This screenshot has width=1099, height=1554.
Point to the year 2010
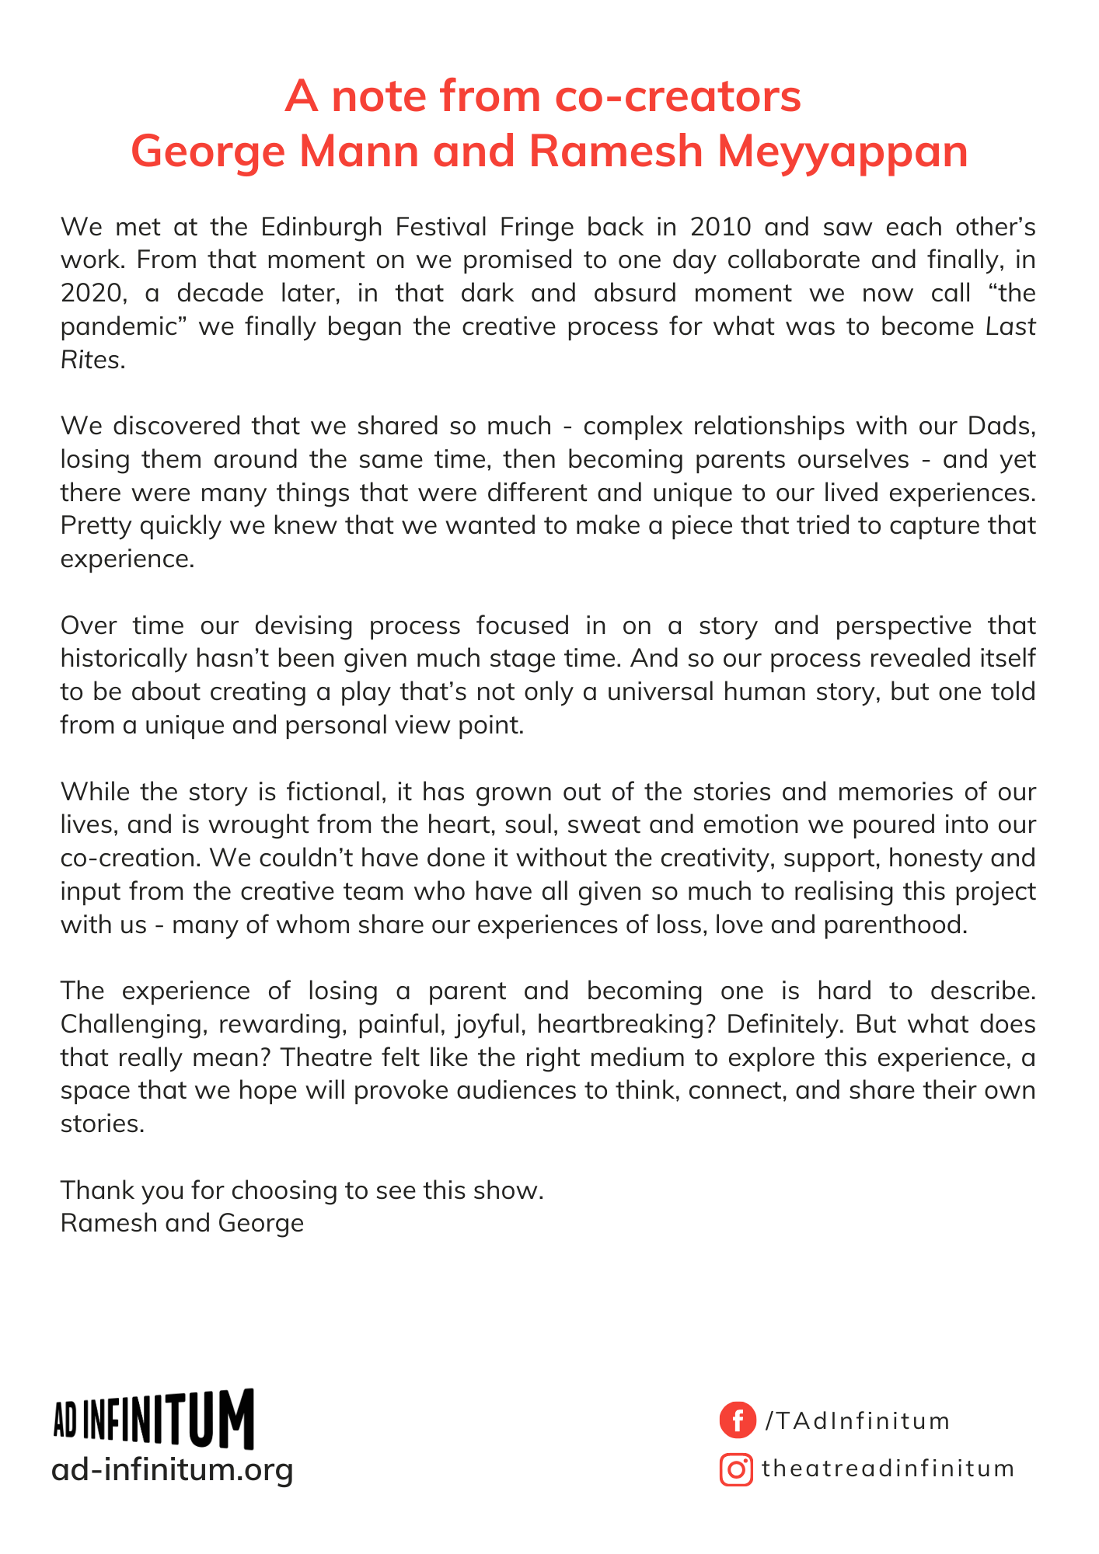(720, 227)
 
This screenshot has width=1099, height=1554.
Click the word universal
(661, 692)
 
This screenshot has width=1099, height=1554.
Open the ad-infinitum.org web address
(173, 1469)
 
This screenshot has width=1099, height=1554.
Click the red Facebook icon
(737, 1420)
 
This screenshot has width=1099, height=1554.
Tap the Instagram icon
(736, 1469)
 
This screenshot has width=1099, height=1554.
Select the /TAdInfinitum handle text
(857, 1421)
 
